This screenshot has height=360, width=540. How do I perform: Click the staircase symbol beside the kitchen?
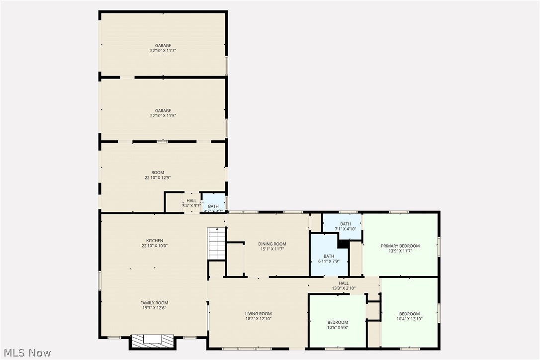coord(216,243)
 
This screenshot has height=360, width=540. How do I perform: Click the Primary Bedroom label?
coord(400,246)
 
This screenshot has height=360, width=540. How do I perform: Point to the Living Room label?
coord(258,314)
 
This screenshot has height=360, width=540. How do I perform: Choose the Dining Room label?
coord(272,244)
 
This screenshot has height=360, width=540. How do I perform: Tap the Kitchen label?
coord(154,241)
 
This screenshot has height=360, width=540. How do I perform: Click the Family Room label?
coord(154,303)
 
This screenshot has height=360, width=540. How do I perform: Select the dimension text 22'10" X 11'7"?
coord(163,51)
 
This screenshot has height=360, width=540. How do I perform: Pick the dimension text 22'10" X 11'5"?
coord(163,116)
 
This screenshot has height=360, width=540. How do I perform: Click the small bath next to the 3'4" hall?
coord(213,203)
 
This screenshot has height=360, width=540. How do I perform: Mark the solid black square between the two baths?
coord(343,244)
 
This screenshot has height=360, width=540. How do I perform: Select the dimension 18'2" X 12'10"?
coord(258,319)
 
